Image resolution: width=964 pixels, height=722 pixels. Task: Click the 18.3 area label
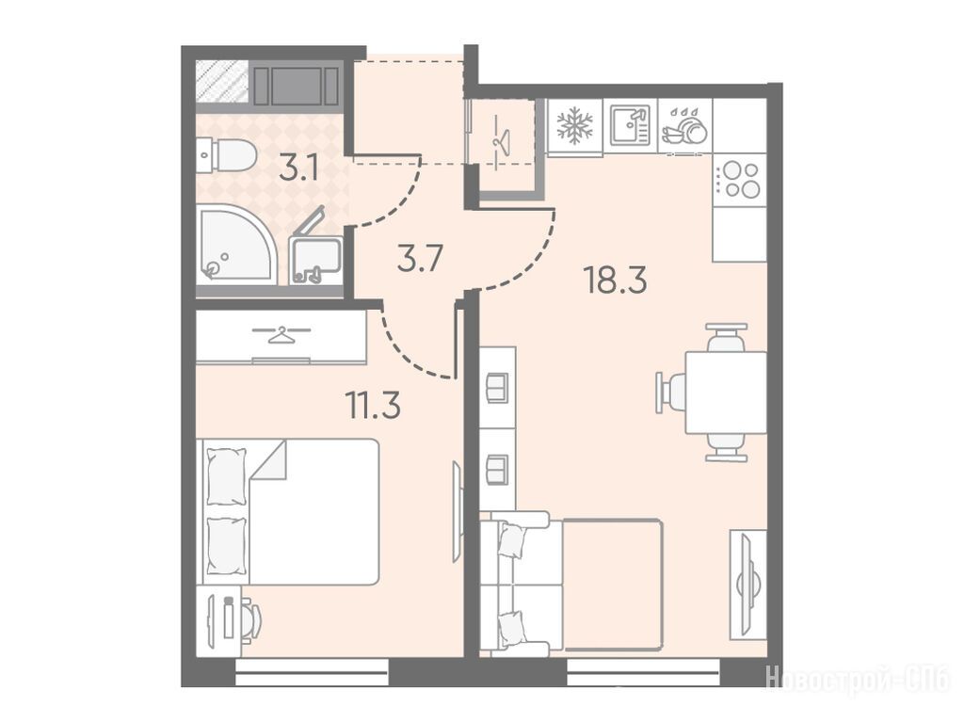pyautogui.click(x=616, y=281)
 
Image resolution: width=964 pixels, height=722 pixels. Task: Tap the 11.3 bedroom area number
pyautogui.click(x=373, y=405)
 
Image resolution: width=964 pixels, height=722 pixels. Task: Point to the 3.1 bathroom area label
pyautogui.click(x=299, y=168)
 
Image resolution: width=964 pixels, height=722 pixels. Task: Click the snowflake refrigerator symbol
pyautogui.click(x=575, y=125)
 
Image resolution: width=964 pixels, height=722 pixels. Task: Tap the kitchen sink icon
pyautogui.click(x=630, y=125)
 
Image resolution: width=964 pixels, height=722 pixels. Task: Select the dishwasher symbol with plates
pyautogui.click(x=684, y=127)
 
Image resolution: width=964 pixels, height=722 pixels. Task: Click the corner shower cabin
pyautogui.click(x=236, y=245)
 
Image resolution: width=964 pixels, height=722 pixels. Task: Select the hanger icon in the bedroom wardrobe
pyautogui.click(x=281, y=335)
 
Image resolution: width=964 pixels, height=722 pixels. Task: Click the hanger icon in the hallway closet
pyautogui.click(x=501, y=143)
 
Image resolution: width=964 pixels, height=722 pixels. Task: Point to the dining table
pyautogui.click(x=726, y=393)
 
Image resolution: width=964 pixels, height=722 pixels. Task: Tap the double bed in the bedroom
pyautogui.click(x=287, y=512)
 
